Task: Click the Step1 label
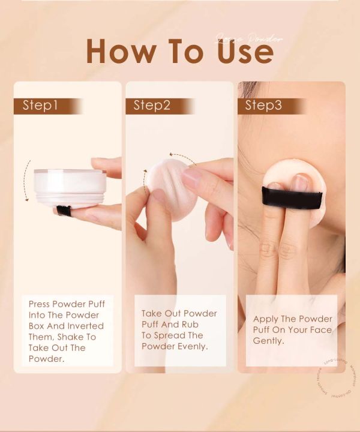coord(40,106)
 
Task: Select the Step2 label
coord(152,106)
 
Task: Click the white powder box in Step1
coord(70,188)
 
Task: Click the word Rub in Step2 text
coord(195,324)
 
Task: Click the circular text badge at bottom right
coord(333,378)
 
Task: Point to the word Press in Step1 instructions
coord(40,304)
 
